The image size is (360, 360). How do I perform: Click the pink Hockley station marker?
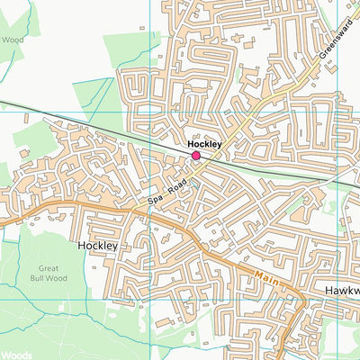pos(196,157)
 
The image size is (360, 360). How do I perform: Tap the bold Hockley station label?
pos(204,144)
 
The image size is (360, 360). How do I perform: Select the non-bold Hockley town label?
pos(97,245)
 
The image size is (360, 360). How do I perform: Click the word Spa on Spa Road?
pos(156,196)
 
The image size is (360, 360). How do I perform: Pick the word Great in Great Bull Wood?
pos(49,268)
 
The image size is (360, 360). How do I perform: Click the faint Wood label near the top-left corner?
pos(13,40)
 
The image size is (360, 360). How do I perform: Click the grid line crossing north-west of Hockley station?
pos(149,112)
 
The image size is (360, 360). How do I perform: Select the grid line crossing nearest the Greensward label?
pos(336,112)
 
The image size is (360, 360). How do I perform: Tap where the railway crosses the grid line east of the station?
pos(336,181)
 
